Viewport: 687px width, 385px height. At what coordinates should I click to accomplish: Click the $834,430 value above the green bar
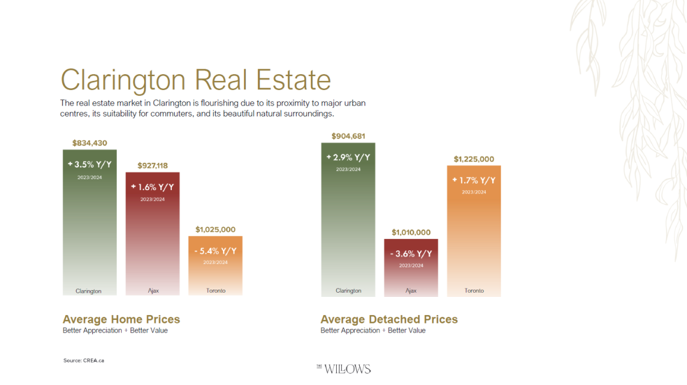pyautogui.click(x=90, y=143)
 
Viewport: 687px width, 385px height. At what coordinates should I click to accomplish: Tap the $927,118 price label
pyautogui.click(x=152, y=165)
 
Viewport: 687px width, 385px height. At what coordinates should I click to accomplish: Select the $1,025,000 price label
pyautogui.click(x=215, y=229)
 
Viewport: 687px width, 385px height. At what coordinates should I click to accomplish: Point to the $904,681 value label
pyautogui.click(x=348, y=136)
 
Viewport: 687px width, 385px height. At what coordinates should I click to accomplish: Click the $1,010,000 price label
pyautogui.click(x=411, y=232)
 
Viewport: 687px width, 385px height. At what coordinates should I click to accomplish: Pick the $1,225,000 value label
pyautogui.click(x=474, y=159)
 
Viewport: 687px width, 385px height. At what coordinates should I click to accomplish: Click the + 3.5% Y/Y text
pyautogui.click(x=90, y=164)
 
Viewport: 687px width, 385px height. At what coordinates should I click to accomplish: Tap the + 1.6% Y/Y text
pyautogui.click(x=152, y=187)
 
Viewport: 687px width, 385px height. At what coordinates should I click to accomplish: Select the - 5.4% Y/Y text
pyautogui.click(x=215, y=251)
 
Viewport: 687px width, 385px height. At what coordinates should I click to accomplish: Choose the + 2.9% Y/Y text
pyautogui.click(x=348, y=157)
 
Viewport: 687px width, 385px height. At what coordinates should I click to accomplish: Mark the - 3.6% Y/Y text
pyautogui.click(x=411, y=254)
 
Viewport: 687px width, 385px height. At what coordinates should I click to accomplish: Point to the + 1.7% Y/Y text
pyautogui.click(x=474, y=180)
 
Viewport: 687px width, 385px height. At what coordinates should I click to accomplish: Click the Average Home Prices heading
pyautogui.click(x=121, y=319)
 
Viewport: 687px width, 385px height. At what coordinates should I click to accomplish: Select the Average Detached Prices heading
pyautogui.click(x=389, y=319)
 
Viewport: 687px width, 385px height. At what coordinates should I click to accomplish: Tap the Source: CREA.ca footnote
pyautogui.click(x=84, y=360)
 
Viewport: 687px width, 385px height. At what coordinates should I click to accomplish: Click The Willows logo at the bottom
pyautogui.click(x=343, y=368)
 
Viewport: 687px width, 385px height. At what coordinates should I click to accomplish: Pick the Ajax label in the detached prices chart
pyautogui.click(x=411, y=291)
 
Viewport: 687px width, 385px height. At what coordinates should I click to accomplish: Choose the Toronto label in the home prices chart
pyautogui.click(x=215, y=291)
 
